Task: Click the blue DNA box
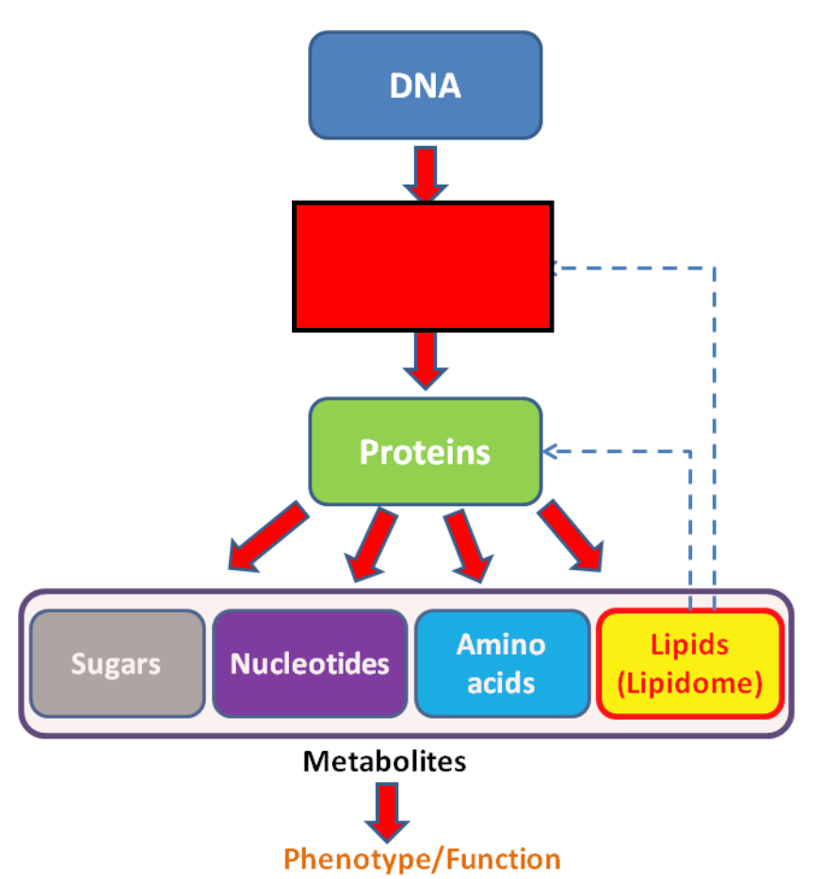pyautogui.click(x=426, y=85)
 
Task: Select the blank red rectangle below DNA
pyautogui.click(x=423, y=267)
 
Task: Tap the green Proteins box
pyautogui.click(x=426, y=452)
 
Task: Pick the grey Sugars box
pyautogui.click(x=117, y=663)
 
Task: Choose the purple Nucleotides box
pyautogui.click(x=310, y=663)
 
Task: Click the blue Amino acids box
pyautogui.click(x=502, y=663)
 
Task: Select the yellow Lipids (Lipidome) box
pyautogui.click(x=690, y=663)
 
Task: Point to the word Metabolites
pyautogui.click(x=384, y=761)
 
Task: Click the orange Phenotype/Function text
pyautogui.click(x=422, y=859)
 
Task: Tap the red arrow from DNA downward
pyautogui.click(x=426, y=173)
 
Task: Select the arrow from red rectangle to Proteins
pyautogui.click(x=426, y=361)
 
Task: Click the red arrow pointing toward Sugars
pyautogui.click(x=268, y=537)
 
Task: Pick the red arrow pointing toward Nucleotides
pyautogui.click(x=371, y=545)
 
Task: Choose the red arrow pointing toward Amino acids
pyautogui.click(x=469, y=545)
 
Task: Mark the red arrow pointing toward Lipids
pyautogui.click(x=571, y=536)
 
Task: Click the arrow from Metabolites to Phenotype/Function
pyautogui.click(x=387, y=812)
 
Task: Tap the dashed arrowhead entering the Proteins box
pyautogui.click(x=550, y=451)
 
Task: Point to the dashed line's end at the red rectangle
pyautogui.click(x=555, y=268)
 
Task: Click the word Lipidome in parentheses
pyautogui.click(x=690, y=683)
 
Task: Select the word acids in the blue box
pyautogui.click(x=501, y=683)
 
